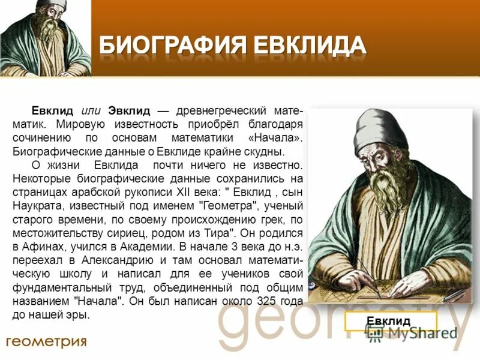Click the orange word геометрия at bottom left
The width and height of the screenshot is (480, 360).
point(46,341)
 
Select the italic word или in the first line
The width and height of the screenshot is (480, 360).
point(91,112)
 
